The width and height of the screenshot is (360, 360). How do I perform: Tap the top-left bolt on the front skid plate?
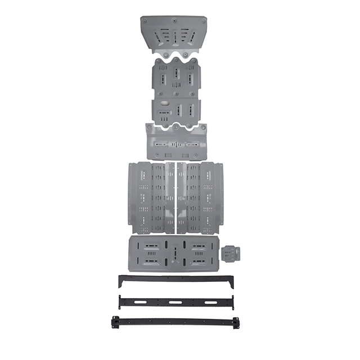145,21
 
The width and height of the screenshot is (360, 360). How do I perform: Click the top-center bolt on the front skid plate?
174,20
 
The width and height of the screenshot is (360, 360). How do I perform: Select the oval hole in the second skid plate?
164,104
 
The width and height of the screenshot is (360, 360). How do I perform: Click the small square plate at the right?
231,254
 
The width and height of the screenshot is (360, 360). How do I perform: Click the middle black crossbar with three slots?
175,302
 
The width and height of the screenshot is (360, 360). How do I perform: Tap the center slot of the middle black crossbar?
175,302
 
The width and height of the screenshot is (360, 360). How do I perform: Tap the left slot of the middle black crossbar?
141,303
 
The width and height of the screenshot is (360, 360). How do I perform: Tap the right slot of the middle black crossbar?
210,302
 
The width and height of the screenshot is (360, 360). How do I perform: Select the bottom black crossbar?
175,322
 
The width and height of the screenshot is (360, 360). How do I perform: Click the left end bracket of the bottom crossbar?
115,322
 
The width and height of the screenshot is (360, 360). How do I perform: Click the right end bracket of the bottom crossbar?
236,323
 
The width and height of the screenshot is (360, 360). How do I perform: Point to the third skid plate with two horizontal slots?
176,143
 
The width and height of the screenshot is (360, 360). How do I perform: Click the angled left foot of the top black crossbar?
120,281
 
